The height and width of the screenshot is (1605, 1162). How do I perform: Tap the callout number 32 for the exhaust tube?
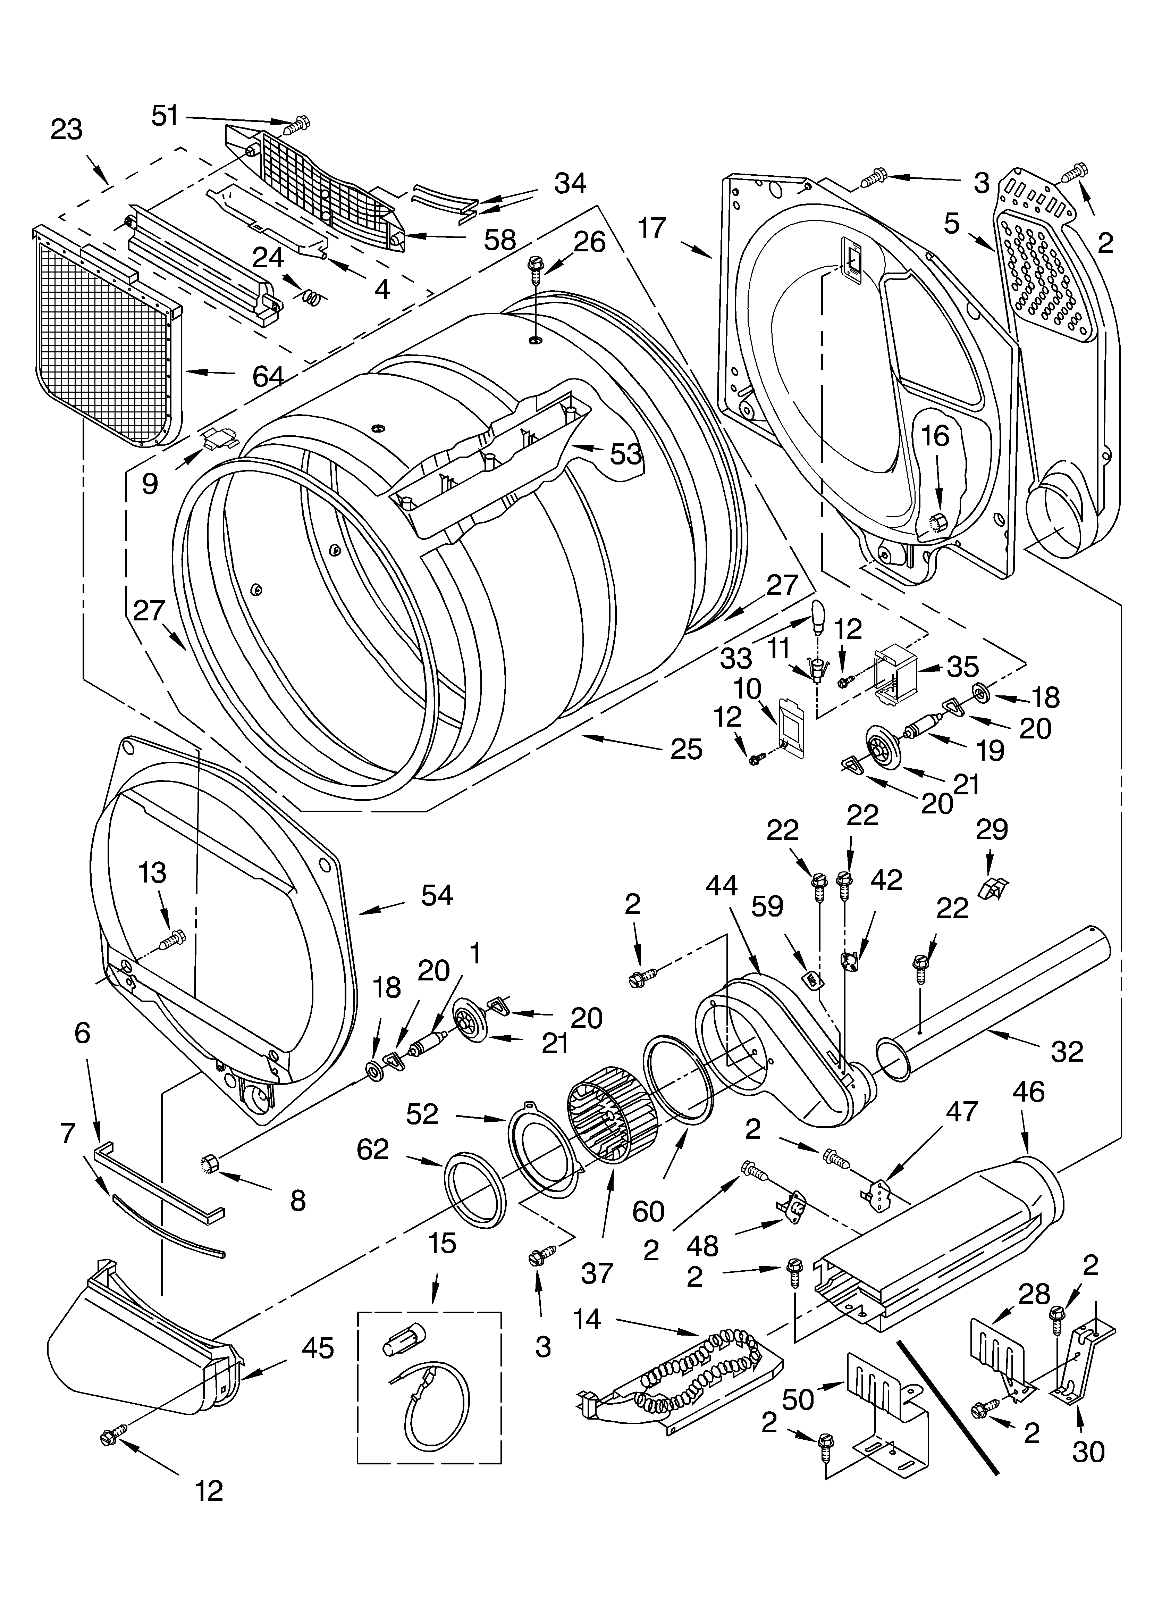tap(1067, 1052)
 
